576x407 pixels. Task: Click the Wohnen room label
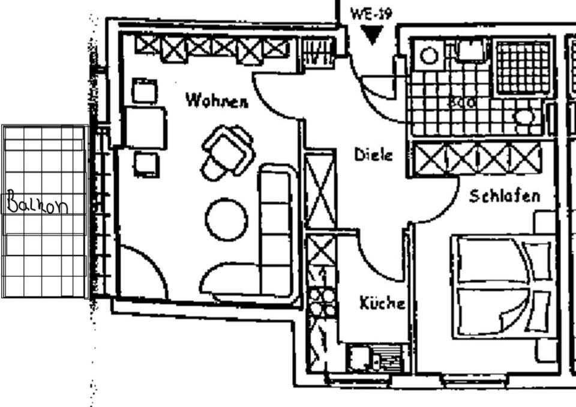(x=217, y=100)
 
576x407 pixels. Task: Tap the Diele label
(x=373, y=155)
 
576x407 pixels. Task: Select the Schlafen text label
(x=504, y=196)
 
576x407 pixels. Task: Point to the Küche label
(x=382, y=303)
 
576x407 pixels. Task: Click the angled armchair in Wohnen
(x=228, y=151)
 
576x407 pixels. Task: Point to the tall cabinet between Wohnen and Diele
(x=319, y=190)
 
